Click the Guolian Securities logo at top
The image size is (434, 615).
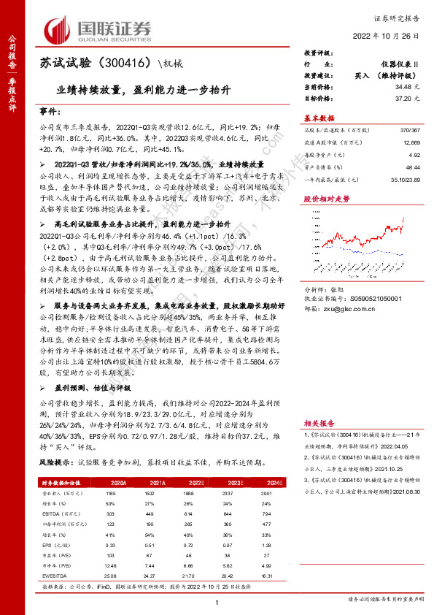pyautogui.click(x=98, y=29)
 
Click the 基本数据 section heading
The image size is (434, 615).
pyautogui.click(x=319, y=118)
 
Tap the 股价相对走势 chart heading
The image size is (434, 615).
pyautogui.click(x=322, y=199)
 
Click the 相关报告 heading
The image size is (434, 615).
pyautogui.click(x=319, y=422)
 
